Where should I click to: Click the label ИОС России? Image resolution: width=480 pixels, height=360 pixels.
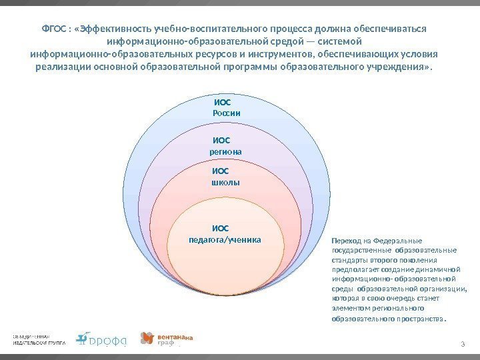[x=226, y=109]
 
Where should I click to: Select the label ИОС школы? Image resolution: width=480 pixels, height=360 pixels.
[x=225, y=176]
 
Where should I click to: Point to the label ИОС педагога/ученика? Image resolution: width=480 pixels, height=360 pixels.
[x=225, y=234]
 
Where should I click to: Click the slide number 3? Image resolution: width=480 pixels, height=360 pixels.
[x=462, y=343]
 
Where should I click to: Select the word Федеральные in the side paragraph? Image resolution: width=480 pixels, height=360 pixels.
[x=403, y=241]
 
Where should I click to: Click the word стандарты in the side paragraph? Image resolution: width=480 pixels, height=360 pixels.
[x=348, y=261]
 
